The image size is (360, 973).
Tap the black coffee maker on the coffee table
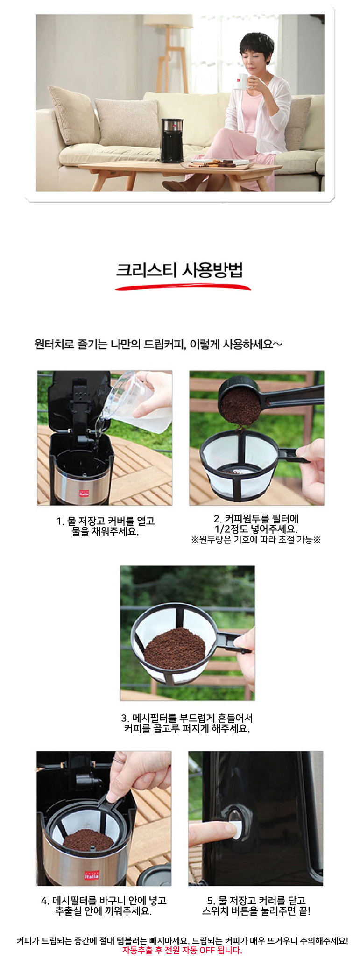tap(172, 140)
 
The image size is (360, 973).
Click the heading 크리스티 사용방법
tap(180, 271)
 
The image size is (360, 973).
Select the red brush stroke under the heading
tap(183, 287)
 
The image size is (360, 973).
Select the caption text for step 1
tap(106, 526)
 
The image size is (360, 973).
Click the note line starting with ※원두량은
tap(256, 540)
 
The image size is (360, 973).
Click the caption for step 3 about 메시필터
tap(187, 723)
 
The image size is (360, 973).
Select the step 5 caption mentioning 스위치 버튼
tap(256, 905)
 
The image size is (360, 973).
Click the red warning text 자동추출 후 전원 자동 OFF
tap(182, 950)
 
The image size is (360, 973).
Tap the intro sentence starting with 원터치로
tap(158, 345)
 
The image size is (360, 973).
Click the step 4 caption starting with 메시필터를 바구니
tap(104, 905)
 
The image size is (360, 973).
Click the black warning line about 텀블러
tap(182, 940)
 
